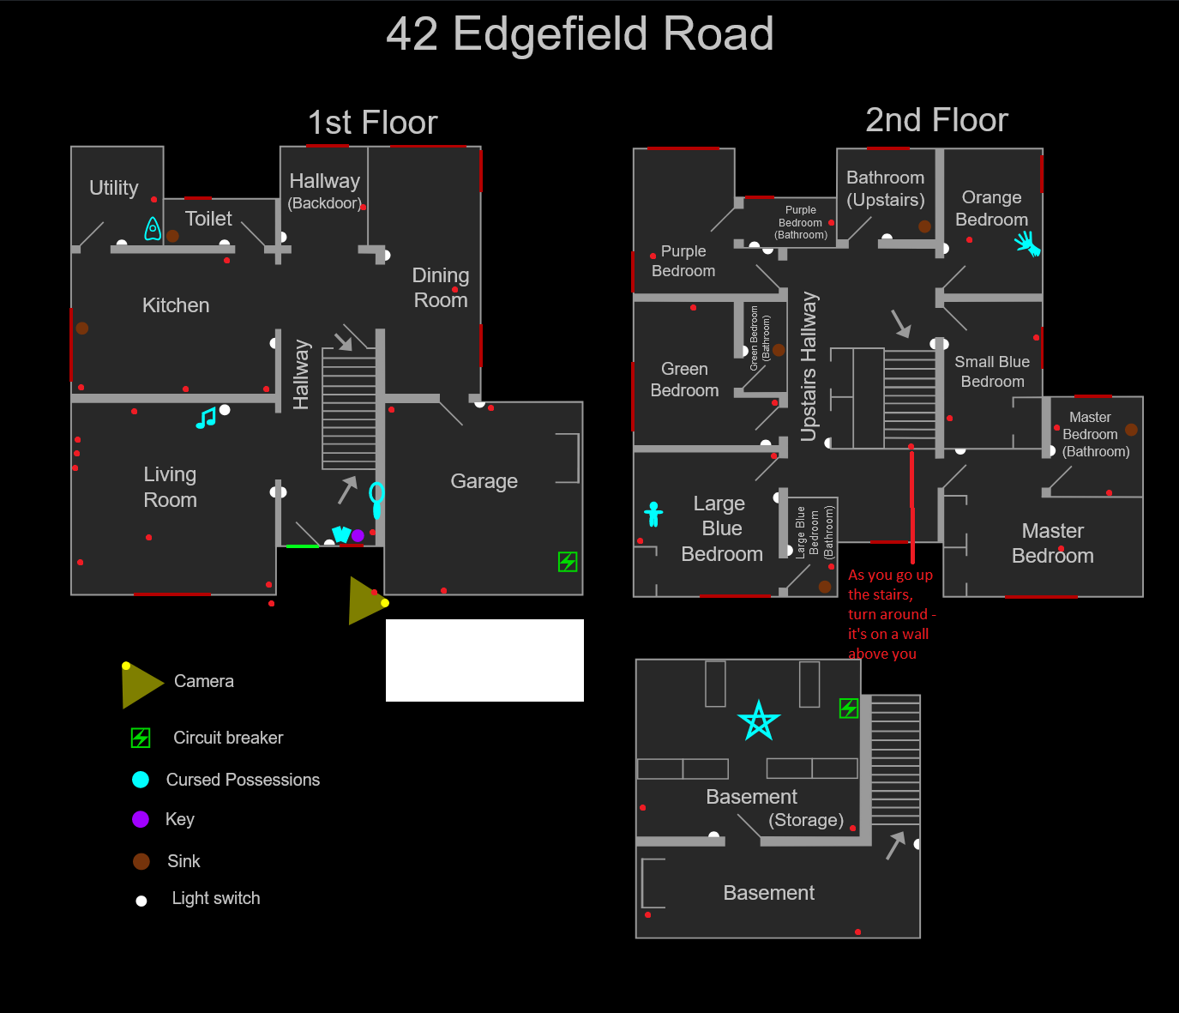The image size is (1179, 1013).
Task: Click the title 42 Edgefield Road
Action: point(580,34)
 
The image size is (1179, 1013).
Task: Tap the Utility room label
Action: point(114,188)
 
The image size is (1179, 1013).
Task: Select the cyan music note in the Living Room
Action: point(206,418)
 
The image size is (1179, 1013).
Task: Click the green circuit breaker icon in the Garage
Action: point(568,562)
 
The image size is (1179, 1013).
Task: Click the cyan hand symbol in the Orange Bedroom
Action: point(1027,244)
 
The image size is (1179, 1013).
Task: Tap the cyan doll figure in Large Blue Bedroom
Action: point(653,514)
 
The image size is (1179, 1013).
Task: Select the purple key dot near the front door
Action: point(358,535)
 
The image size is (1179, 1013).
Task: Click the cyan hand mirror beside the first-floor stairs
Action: point(376,499)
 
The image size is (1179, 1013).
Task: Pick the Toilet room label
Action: point(208,219)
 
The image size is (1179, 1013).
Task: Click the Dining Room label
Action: point(441,287)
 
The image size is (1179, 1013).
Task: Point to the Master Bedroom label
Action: point(1052,543)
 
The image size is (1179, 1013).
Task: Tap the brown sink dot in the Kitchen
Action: point(82,328)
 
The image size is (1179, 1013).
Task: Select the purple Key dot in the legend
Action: point(141,819)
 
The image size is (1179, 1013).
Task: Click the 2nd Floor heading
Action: point(936,120)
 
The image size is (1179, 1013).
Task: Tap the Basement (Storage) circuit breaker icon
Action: point(849,708)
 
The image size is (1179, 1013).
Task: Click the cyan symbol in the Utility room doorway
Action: point(153,229)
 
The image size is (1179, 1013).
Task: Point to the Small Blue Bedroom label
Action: point(992,371)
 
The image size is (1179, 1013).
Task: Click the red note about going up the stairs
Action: point(891,614)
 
